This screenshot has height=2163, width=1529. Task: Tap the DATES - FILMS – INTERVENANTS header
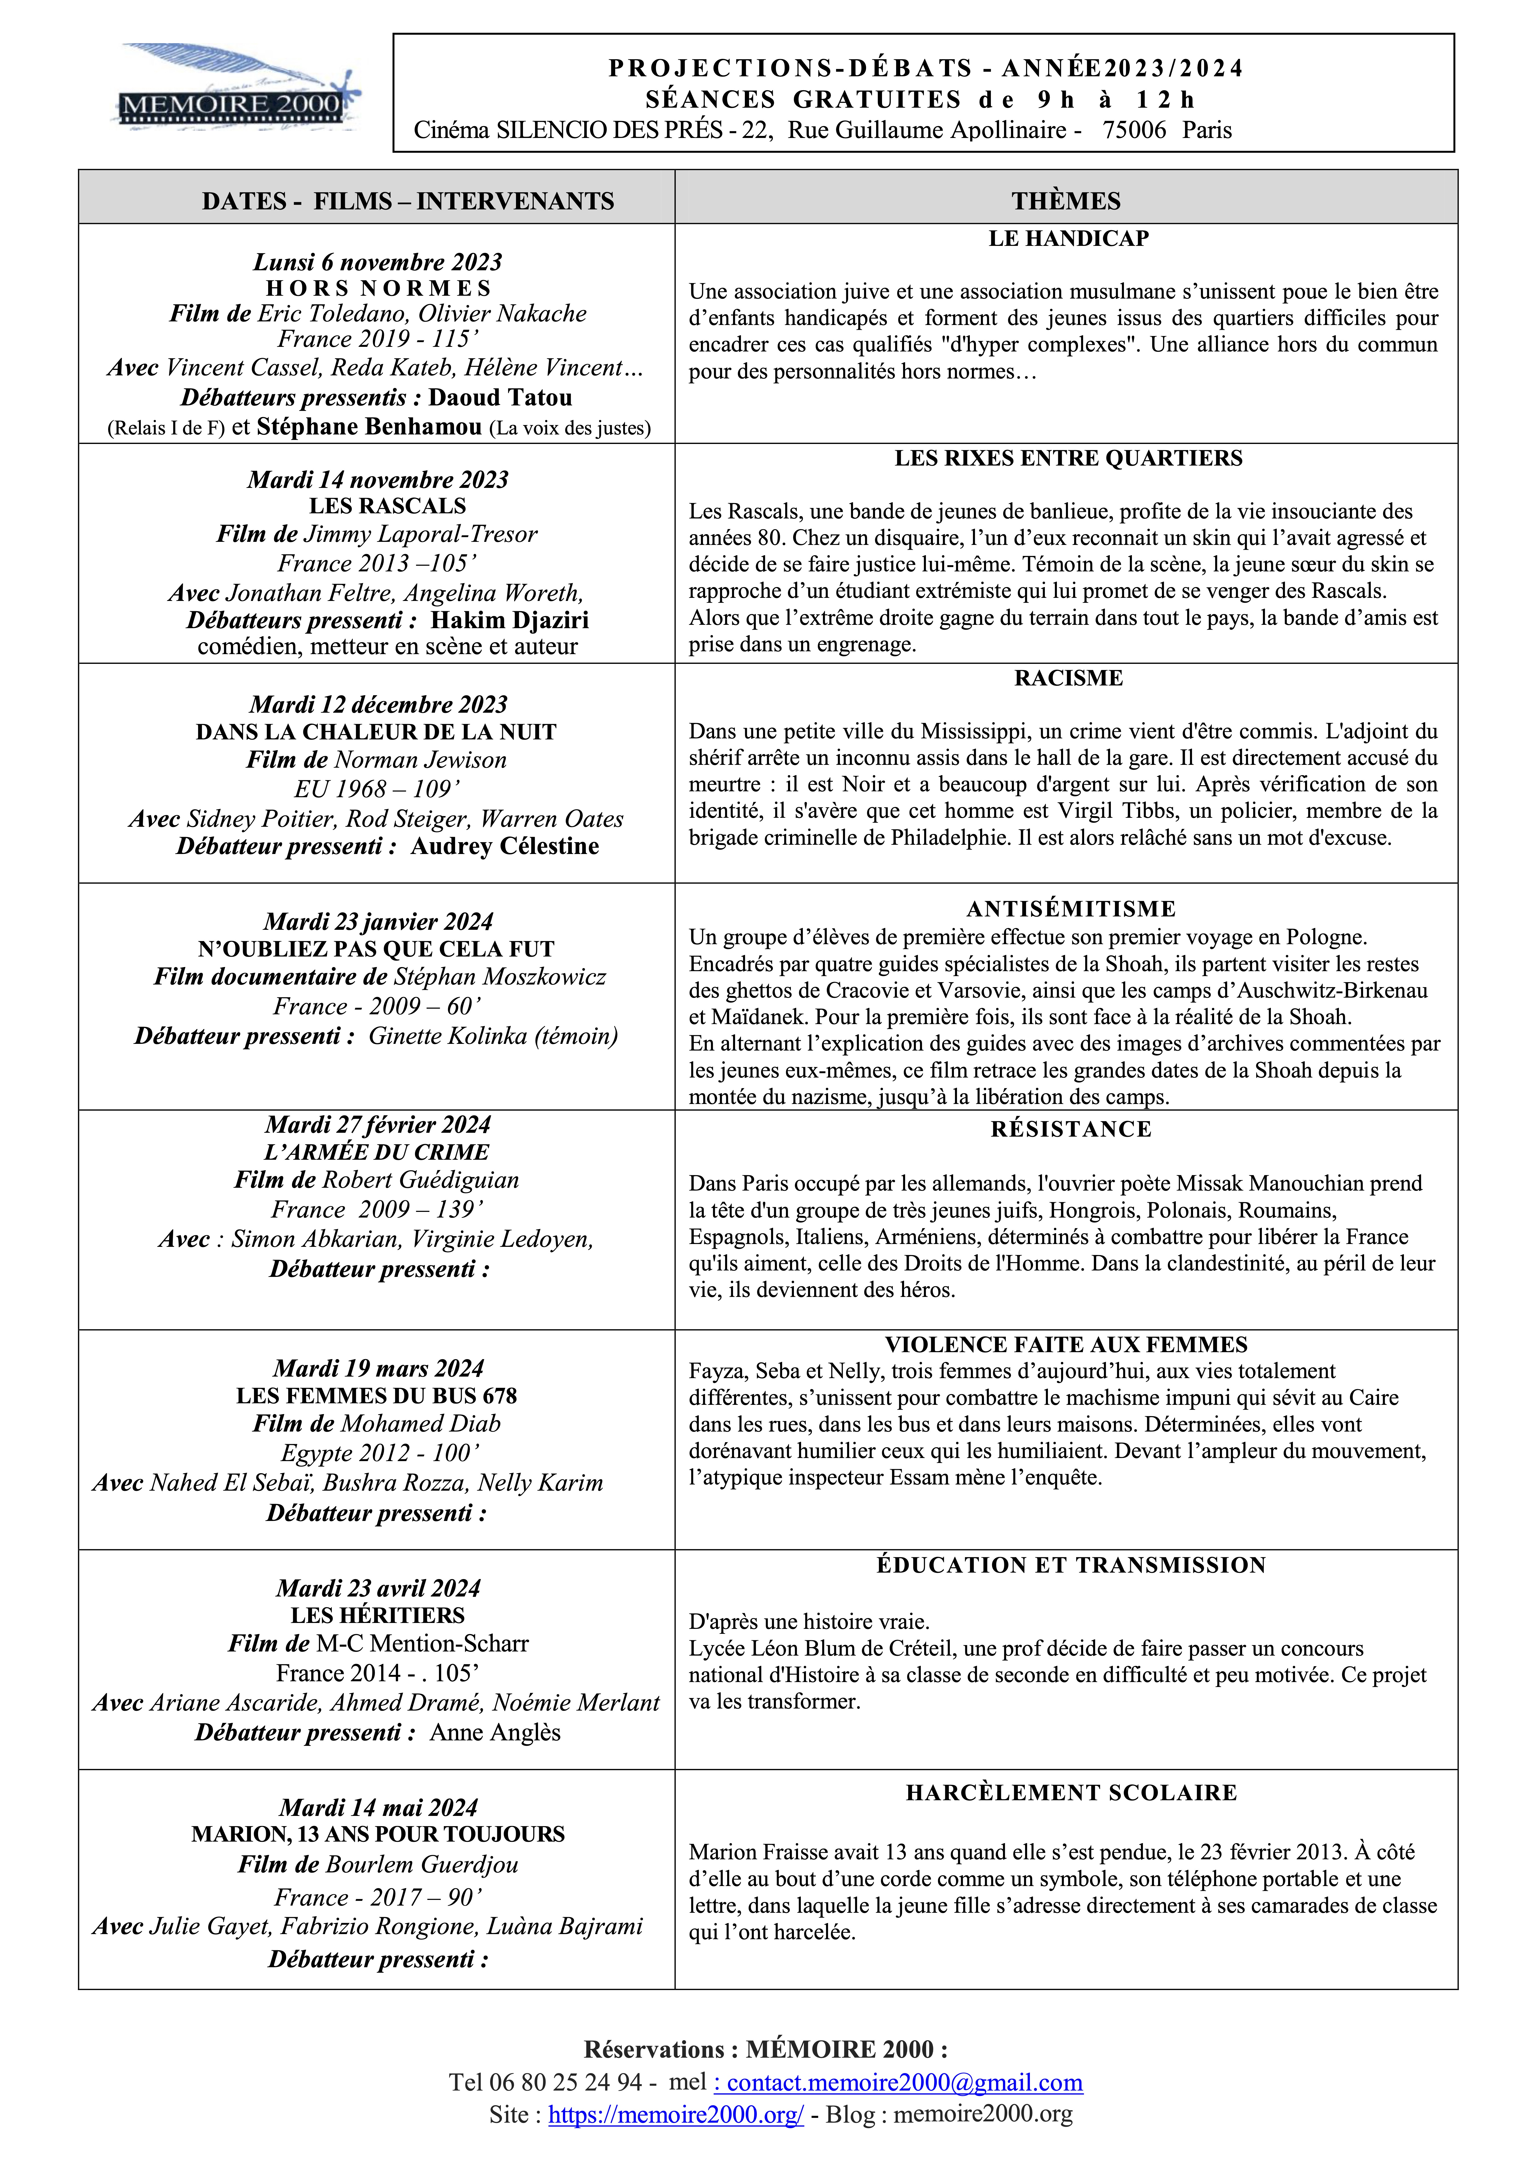[408, 201]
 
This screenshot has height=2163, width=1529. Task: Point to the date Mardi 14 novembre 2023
[378, 479]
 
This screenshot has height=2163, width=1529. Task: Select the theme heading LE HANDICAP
[1068, 238]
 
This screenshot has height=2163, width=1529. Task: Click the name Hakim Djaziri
[510, 620]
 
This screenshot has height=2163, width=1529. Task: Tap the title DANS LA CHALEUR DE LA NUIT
[376, 732]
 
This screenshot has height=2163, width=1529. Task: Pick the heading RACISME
[1068, 678]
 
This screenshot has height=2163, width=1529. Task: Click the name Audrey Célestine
[505, 846]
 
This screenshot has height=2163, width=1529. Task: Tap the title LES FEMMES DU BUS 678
[377, 1396]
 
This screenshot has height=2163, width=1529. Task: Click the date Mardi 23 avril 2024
[378, 1588]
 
